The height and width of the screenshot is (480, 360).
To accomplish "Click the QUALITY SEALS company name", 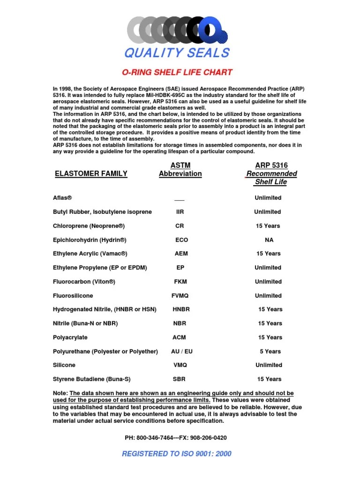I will [177, 53].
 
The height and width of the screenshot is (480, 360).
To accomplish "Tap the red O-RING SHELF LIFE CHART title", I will [177, 72].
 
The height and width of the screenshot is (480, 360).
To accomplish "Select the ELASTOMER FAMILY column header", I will [91, 173].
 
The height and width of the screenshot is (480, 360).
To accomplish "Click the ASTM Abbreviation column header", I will [180, 169].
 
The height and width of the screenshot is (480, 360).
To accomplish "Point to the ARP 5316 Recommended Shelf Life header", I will [271, 173].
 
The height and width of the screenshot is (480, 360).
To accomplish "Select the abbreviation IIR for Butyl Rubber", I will [180, 212].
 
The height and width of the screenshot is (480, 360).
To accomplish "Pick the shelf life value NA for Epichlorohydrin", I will [269, 240].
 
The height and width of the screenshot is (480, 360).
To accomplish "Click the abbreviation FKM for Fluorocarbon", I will [180, 282].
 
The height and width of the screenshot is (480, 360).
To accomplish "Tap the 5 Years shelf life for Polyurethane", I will [270, 351].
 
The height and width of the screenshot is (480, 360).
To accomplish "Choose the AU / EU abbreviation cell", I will [181, 351].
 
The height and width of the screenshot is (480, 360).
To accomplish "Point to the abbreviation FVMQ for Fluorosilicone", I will [180, 296].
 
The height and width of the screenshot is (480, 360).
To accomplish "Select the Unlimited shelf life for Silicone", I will [269, 365].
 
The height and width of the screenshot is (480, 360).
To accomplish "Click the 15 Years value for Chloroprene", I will [268, 226].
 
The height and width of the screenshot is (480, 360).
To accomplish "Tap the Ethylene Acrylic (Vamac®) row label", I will [90, 254].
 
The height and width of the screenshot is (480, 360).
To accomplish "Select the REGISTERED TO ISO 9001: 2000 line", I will [176, 454].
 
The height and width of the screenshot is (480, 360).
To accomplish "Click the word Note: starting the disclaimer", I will [60, 393].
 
